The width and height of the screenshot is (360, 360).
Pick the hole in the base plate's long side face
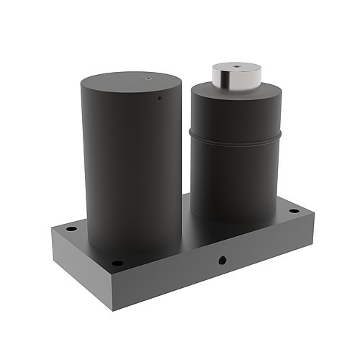pyautogui.click(x=222, y=259)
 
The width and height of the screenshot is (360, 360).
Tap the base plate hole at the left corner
pyautogui.click(x=71, y=228)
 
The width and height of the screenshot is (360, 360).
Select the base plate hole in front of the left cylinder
pyautogui.click(x=117, y=263)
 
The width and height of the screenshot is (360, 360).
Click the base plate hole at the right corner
pyautogui.click(x=294, y=211)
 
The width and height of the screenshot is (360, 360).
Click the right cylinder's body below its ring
pyautogui.click(x=234, y=180)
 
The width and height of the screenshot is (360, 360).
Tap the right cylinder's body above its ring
pyautogui.click(x=234, y=115)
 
